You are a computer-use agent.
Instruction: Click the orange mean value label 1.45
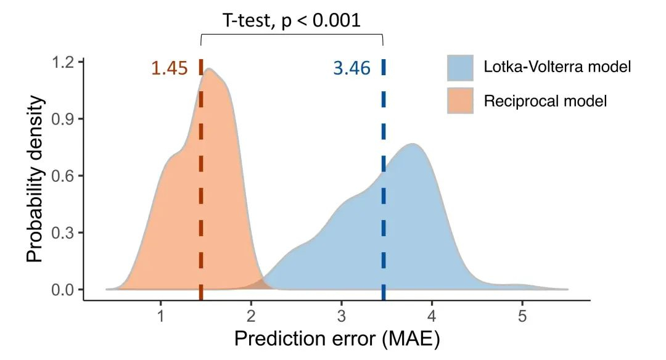pyautogui.click(x=169, y=68)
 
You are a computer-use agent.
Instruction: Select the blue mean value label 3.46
pyautogui.click(x=351, y=68)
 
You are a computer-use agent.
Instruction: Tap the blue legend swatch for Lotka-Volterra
pyautogui.click(x=460, y=67)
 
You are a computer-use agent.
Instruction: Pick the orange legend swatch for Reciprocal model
pyautogui.click(x=460, y=100)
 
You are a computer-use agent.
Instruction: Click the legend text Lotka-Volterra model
pyautogui.click(x=557, y=67)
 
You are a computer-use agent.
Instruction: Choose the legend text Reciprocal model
pyautogui.click(x=545, y=100)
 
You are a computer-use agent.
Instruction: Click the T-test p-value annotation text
pyautogui.click(x=291, y=20)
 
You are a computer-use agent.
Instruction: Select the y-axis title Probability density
pyautogui.click(x=36, y=176)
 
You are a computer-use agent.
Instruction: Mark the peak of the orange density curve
pyautogui.click(x=210, y=69)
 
